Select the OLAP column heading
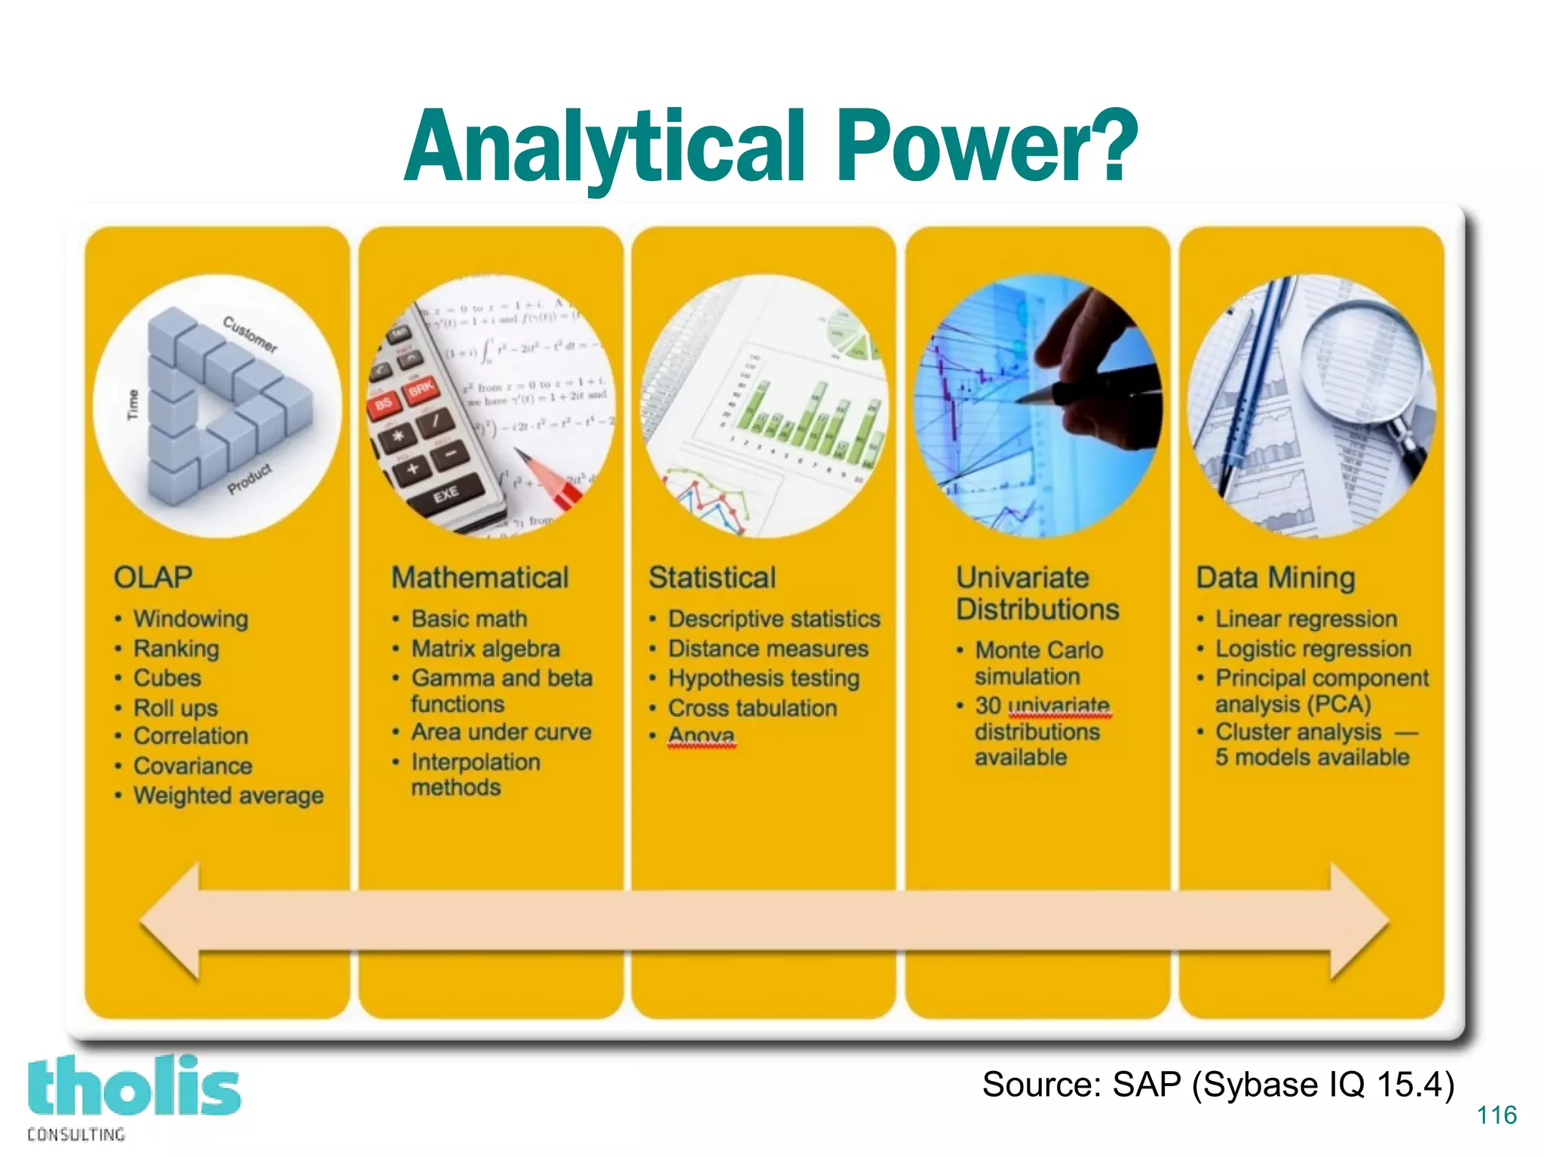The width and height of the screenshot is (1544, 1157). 153,577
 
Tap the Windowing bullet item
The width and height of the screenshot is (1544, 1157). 191,619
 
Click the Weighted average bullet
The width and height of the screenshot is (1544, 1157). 228,795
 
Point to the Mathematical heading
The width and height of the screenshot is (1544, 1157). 479,577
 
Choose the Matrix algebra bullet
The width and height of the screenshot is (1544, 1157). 486,649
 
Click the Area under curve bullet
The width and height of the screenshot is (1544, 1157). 501,732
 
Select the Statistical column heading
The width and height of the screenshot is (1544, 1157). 712,577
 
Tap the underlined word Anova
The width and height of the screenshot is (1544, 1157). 701,735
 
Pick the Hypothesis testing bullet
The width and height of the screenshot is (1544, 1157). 764,678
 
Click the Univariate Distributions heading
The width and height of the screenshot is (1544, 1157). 1037,593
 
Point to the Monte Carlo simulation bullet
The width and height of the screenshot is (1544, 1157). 1038,663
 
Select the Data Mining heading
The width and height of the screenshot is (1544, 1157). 1276,577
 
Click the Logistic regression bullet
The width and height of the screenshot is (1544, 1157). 1313,649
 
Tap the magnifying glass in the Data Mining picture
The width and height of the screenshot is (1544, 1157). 1365,362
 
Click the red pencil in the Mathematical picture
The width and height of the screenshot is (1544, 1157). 550,479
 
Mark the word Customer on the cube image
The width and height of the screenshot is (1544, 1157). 250,334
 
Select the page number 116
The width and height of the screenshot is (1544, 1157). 1497,1115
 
